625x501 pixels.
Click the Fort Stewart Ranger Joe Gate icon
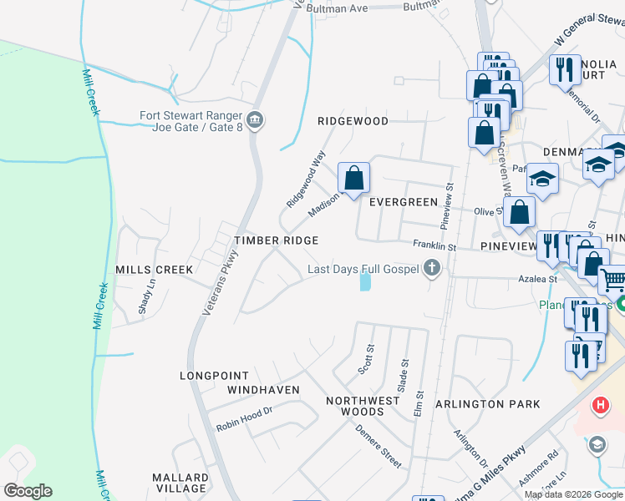pos(257,120)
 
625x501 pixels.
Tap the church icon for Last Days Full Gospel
pos(432,268)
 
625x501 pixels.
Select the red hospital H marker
pos(599,407)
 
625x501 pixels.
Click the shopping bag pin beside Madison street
pos(353,178)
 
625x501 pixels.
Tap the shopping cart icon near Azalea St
pos(613,279)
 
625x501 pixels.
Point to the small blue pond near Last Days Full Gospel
pos(365,282)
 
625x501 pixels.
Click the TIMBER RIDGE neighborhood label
pos(276,240)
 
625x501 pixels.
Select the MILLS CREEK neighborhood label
pos(154,270)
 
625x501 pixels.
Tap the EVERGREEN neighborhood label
pos(404,202)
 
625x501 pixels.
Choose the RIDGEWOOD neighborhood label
pos(353,121)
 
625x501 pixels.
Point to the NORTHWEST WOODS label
pos(363,406)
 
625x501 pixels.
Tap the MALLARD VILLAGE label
pos(179,483)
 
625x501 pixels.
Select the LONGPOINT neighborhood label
pos(216,376)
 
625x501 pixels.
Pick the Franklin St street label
pos(434,246)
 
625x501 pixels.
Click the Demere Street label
pos(379,446)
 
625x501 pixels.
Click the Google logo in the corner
pos(28,491)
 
